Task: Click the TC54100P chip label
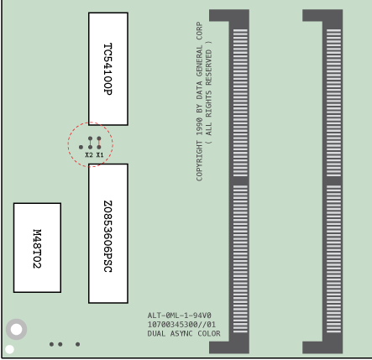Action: [108, 69]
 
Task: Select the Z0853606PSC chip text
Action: [108, 237]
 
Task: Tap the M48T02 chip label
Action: [37, 248]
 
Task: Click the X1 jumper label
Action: [100, 154]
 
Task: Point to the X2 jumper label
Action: [89, 154]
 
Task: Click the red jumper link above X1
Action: [99, 143]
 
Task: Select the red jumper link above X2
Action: [90, 143]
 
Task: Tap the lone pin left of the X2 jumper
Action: [81, 147]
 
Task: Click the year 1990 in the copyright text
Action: [199, 127]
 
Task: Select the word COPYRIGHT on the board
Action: [199, 161]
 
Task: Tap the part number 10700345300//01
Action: [181, 325]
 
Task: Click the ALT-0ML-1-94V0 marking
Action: [179, 316]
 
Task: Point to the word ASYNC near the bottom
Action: [181, 333]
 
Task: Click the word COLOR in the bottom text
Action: [209, 333]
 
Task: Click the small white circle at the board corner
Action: [9, 349]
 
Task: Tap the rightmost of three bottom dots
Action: [77, 344]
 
